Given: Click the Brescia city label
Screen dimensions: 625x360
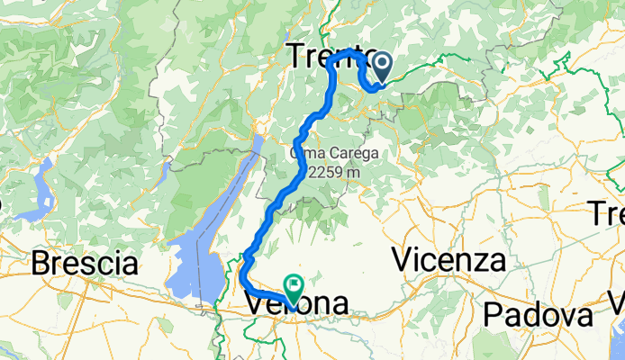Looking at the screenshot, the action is pos(86,264).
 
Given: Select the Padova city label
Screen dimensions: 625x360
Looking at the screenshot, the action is pos(537,315).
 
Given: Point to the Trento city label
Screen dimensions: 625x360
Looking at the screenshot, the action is pos(330,56).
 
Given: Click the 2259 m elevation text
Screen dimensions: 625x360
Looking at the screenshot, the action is pos(334,171).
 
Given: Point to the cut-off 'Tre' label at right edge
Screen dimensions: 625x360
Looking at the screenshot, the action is pos(608,213).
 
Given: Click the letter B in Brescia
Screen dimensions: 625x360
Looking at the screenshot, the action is pos(41,264).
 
